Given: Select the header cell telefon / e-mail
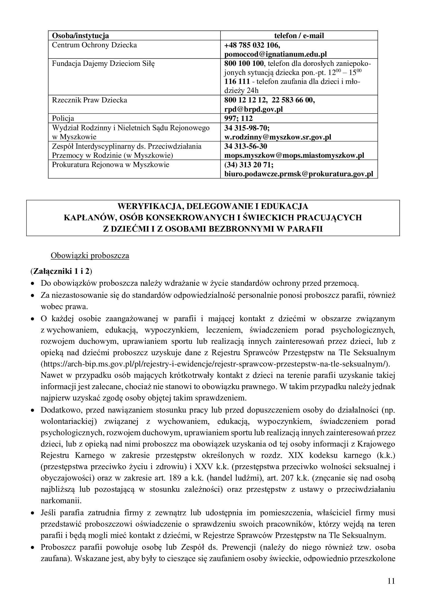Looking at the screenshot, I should [x=299, y=36].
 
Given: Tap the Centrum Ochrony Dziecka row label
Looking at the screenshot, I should [x=95, y=45].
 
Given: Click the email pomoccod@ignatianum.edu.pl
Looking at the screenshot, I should [x=275, y=54].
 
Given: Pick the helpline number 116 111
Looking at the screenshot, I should [x=237, y=82].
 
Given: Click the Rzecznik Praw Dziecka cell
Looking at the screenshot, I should [x=89, y=100].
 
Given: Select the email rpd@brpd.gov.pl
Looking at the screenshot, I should [x=253, y=109].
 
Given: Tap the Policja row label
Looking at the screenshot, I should [x=63, y=118].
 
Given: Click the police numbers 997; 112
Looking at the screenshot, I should [x=238, y=118].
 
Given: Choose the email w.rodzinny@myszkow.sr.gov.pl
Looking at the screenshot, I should [x=278, y=137].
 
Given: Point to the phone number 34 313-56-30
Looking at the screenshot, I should [x=246, y=146].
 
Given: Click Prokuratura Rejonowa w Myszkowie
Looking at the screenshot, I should [x=110, y=165].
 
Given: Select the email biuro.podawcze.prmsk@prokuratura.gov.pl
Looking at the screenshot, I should [x=299, y=174].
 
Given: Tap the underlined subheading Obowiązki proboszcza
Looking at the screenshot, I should [x=90, y=256].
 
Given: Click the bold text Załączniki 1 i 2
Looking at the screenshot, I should [x=61, y=271].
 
